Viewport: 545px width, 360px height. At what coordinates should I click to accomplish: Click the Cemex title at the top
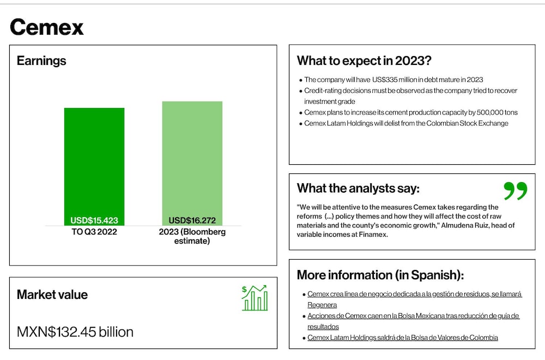point(47,27)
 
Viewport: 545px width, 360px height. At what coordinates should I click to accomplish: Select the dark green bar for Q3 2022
point(94,166)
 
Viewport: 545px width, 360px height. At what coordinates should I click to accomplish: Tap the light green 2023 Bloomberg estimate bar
point(192,164)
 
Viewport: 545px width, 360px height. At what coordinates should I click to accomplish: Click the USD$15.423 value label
point(94,220)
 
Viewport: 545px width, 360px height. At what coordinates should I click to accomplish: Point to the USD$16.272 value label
point(192,220)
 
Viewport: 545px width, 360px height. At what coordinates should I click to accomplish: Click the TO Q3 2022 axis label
point(94,232)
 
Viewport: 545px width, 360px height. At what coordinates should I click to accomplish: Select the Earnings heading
point(41,61)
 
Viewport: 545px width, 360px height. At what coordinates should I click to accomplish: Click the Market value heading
point(52,295)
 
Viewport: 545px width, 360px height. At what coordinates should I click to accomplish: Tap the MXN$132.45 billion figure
point(75,332)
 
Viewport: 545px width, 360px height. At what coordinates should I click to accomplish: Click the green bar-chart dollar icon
point(255,298)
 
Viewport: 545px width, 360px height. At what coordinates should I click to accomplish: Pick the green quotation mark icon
point(516,190)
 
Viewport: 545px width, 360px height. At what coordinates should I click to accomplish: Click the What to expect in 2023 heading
point(364,61)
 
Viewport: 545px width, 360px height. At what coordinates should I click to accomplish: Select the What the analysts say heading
point(358,188)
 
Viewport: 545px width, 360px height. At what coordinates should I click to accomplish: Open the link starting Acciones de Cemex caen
point(413,321)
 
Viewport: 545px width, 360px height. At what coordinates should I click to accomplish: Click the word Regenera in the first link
point(322,305)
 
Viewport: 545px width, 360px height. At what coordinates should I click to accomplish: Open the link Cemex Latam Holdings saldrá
point(403,338)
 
